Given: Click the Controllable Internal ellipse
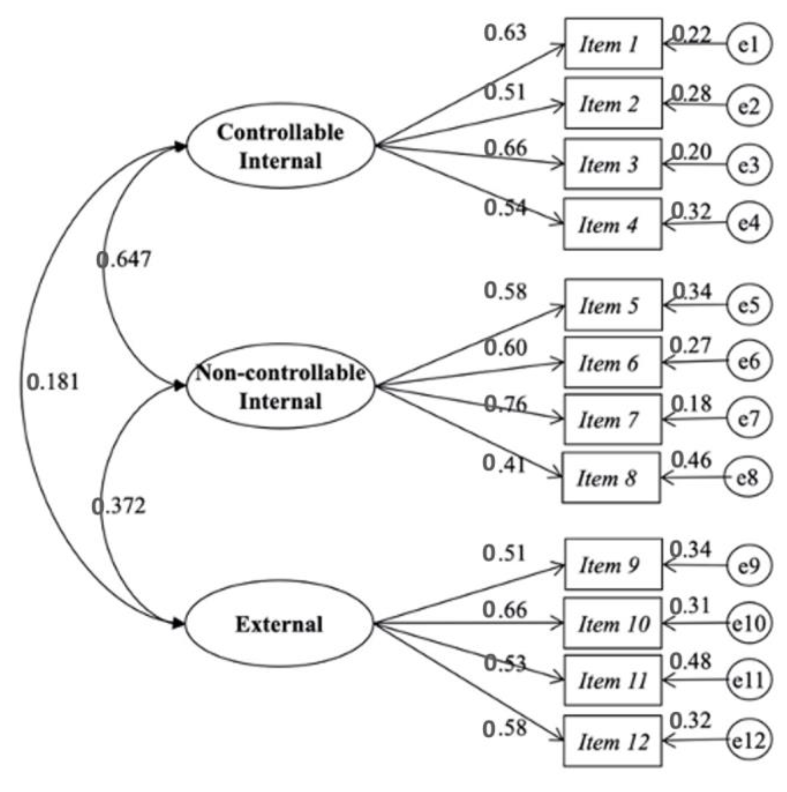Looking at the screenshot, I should pos(281,146).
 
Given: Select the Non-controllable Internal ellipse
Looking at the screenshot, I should pos(281,386).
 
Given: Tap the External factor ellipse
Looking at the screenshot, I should pos(279,624).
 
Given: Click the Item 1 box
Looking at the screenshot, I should pos(613,43).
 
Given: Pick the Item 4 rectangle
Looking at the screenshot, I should pos(613,224).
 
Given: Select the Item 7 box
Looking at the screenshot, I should pos(613,419).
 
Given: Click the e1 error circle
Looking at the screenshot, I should pos(749,44).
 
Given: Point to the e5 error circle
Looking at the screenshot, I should pos(749,304).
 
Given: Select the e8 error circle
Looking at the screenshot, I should pos(747,478).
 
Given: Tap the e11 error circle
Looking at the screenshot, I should pos(748,680).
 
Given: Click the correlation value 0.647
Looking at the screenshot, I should pos(124,260).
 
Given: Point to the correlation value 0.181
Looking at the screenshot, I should pos(53,383).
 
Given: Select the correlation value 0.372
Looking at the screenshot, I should pos(119,506).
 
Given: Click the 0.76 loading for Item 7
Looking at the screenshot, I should pos(506,404).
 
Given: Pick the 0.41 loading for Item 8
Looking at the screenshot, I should pos(504,464).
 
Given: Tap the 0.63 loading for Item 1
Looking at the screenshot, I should pos(505,33).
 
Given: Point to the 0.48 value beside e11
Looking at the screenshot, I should pos(690,661).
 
